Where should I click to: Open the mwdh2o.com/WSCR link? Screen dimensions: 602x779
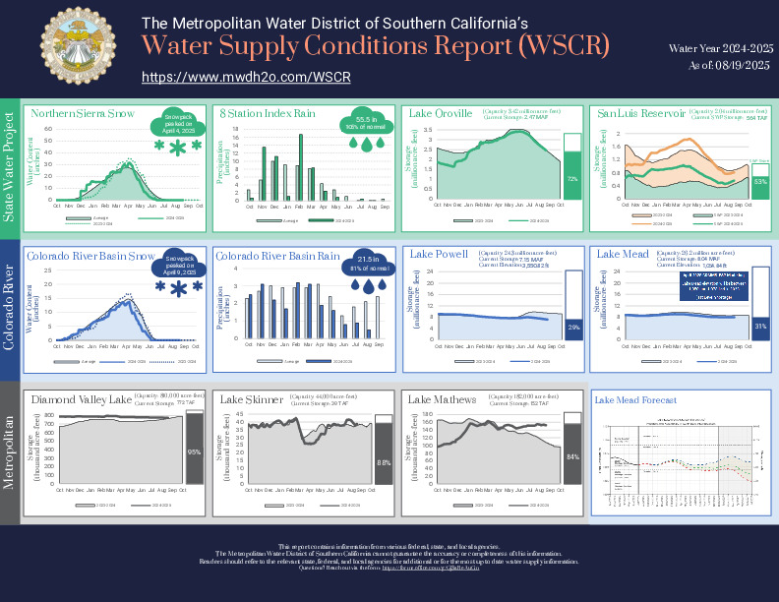[x=246, y=77]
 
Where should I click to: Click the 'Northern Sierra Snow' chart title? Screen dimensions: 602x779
[x=83, y=113]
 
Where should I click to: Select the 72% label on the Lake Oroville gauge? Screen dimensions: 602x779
[x=572, y=179]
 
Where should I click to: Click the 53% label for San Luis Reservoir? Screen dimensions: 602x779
[x=760, y=182]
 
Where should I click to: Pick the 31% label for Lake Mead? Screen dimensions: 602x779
[x=760, y=325]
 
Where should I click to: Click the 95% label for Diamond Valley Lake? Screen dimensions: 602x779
[x=194, y=452]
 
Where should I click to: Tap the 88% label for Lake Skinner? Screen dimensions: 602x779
[x=383, y=460]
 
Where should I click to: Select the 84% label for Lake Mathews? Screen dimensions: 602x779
[x=572, y=456]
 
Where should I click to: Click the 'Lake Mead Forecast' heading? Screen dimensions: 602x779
[x=634, y=400]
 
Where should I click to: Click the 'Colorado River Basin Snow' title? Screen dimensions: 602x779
[x=90, y=255]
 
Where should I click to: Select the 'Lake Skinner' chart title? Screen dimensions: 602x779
[x=252, y=399]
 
